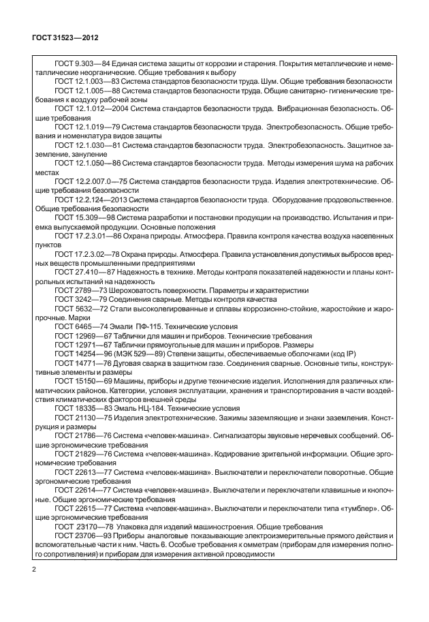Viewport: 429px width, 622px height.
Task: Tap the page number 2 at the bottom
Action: pyautogui.click(x=34, y=567)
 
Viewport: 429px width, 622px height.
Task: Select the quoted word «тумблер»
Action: pyautogui.click(x=353, y=508)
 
